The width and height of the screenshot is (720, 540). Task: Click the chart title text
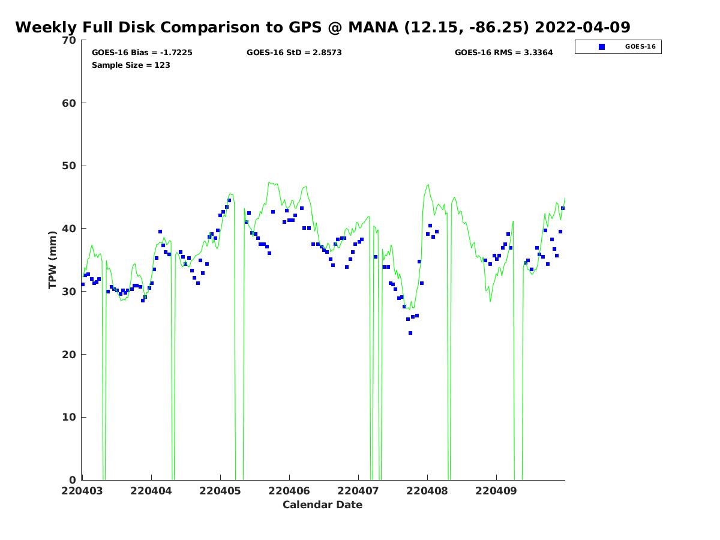coord(322,27)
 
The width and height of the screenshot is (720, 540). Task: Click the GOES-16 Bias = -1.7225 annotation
coord(142,53)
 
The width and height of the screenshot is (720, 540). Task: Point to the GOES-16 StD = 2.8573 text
coord(294,53)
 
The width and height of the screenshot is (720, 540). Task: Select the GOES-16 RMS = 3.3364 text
coord(503,53)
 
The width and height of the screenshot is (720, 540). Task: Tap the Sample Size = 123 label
coord(131,65)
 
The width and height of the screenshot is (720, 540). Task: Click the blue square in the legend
coord(602,47)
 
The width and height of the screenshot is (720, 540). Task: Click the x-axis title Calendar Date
coord(322,505)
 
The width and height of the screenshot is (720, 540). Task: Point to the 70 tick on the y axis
coord(69,40)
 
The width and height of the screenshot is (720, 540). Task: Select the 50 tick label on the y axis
coord(69,166)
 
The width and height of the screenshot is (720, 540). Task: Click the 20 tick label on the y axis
coord(69,355)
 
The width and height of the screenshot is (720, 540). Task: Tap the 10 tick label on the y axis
coord(69,418)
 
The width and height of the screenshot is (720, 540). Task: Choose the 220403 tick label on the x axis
coord(82,491)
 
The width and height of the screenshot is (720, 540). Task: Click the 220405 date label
coord(220,491)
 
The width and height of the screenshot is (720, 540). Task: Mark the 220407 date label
coord(358,491)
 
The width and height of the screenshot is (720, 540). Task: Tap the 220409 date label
coord(496,491)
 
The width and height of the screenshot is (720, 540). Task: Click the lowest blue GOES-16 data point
coord(410,333)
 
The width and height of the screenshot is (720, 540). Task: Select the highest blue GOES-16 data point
coord(229,200)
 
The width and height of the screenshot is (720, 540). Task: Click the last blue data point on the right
coord(563,208)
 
